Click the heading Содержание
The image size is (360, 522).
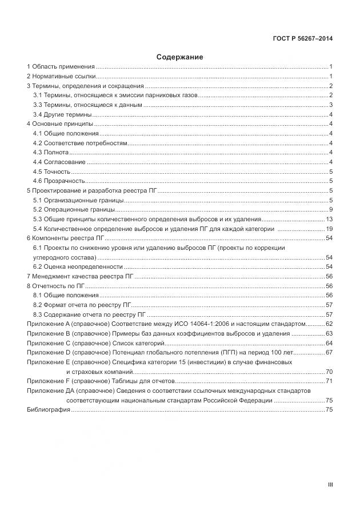click(179, 57)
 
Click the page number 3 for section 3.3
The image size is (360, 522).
click(331, 105)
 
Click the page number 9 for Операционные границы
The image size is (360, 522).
click(331, 210)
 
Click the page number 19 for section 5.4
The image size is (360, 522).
click(329, 229)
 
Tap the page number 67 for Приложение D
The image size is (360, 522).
click(329, 352)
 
